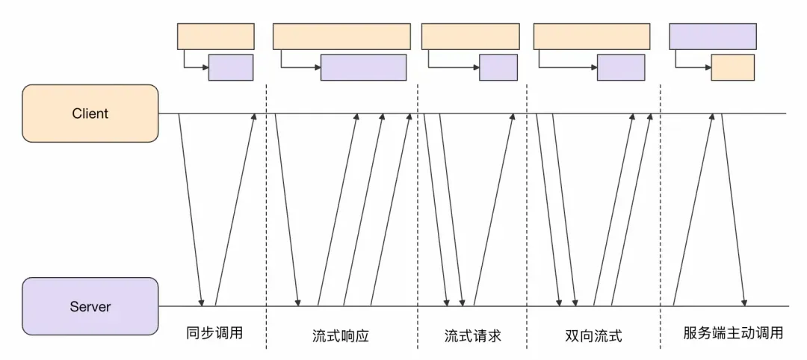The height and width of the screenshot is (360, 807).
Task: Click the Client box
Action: (90, 114)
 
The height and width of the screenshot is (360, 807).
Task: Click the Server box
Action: (90, 306)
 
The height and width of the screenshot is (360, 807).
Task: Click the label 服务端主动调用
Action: (733, 333)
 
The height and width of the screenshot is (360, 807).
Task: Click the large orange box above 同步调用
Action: (215, 36)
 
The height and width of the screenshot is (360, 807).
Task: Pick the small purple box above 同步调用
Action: (231, 67)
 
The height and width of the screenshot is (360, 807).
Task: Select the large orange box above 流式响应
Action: (341, 36)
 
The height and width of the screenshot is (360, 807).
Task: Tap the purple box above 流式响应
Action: (363, 67)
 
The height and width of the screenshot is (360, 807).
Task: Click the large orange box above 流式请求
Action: (470, 36)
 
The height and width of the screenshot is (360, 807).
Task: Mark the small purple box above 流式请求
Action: (498, 67)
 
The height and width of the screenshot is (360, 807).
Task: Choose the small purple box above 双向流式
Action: (620, 67)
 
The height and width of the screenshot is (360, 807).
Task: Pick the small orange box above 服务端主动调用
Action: (732, 67)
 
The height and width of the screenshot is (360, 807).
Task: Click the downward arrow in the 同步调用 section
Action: (191, 209)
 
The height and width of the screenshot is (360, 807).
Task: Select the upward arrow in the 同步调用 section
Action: (235, 209)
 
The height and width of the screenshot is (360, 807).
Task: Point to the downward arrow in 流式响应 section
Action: (287, 209)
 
